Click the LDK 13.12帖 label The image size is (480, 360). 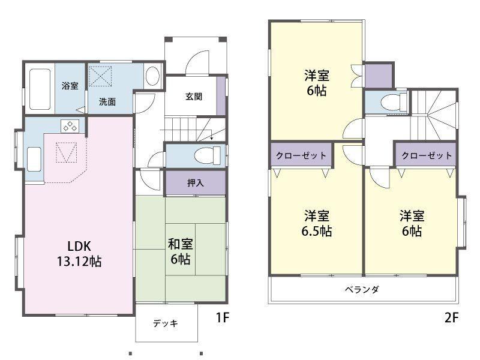pyautogui.click(x=79, y=254)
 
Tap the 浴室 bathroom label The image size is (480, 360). pyautogui.click(x=70, y=86)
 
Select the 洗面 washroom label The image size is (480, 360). pyautogui.click(x=107, y=101)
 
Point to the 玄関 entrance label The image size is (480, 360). pyautogui.click(x=193, y=97)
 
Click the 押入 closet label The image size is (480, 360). pyautogui.click(x=196, y=183)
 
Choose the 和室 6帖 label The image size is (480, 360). pyautogui.click(x=181, y=251)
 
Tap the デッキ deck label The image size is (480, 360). pyautogui.click(x=166, y=323)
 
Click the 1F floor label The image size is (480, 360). pyautogui.click(x=223, y=317)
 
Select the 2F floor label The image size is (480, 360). pyautogui.click(x=452, y=317)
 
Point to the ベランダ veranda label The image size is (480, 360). pyautogui.click(x=362, y=289)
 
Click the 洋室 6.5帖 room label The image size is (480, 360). pyautogui.click(x=317, y=223)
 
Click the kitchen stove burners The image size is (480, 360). pyautogui.click(x=70, y=126)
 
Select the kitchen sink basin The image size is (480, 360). pyautogui.click(x=34, y=159)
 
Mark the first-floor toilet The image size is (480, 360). pyautogui.click(x=207, y=155)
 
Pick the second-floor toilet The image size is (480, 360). pyautogui.click(x=393, y=101)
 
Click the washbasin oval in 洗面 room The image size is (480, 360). pyautogui.click(x=152, y=76)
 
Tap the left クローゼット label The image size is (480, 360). pyautogui.click(x=301, y=155)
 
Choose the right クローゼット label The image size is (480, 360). pyautogui.click(x=427, y=155)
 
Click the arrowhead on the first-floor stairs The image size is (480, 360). pyautogui.click(x=212, y=139)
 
